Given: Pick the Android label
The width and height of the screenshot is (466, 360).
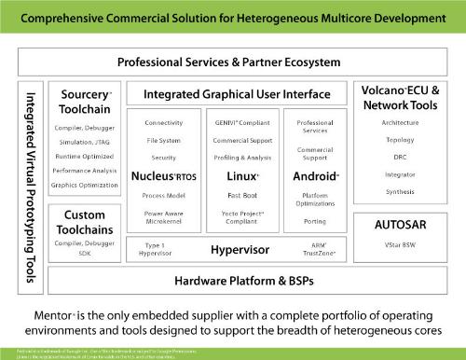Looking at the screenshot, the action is pos(314,175).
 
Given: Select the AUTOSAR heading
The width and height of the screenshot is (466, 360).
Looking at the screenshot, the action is pos(407,226).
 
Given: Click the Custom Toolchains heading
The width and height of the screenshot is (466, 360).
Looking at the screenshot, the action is pos(85,221).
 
